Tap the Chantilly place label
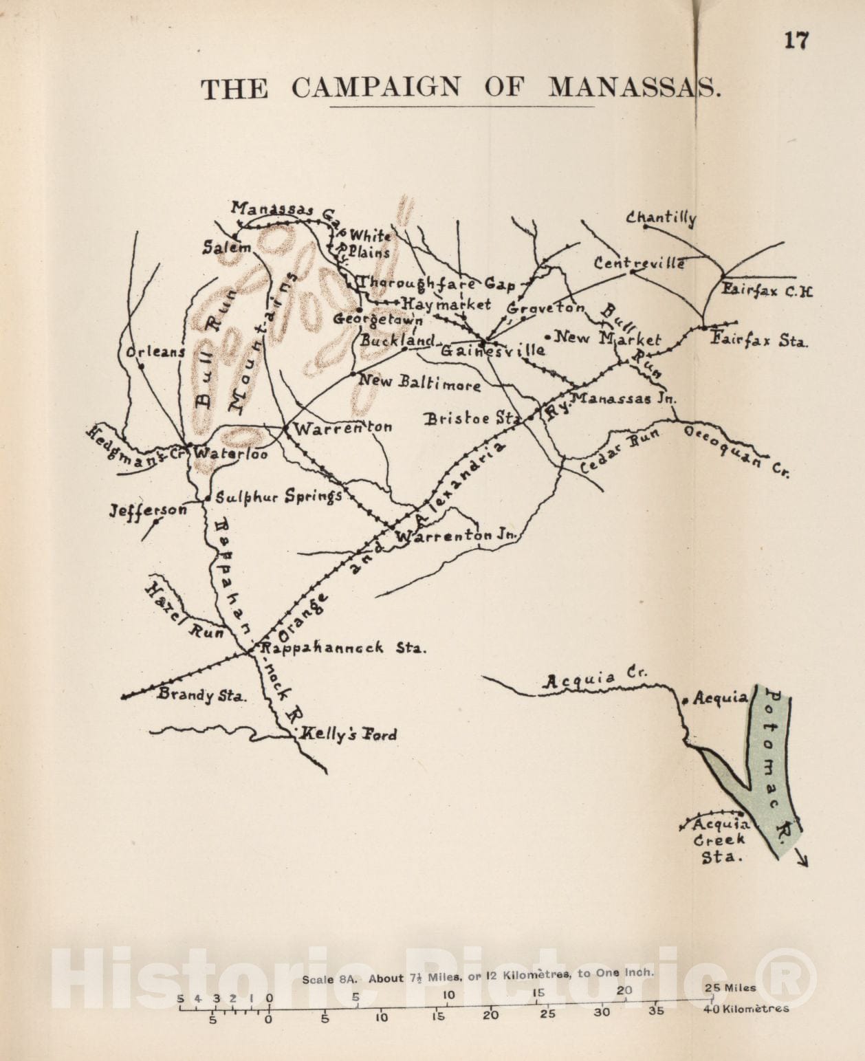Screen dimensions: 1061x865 [x=661, y=217]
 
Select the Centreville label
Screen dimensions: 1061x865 [x=639, y=263]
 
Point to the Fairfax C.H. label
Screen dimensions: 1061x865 [x=767, y=290]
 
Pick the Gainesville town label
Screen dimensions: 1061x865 [x=492, y=350]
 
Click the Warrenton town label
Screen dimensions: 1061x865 [x=342, y=428]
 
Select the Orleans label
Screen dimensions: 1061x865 [x=155, y=352]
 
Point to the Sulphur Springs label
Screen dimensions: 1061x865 [x=278, y=496]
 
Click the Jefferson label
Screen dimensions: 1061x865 [x=148, y=510]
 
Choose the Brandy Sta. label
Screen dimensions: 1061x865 [x=201, y=694]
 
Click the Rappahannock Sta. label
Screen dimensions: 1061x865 [x=342, y=647]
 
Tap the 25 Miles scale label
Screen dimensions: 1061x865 [x=730, y=987]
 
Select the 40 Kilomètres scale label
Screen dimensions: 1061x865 [x=745, y=1009]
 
